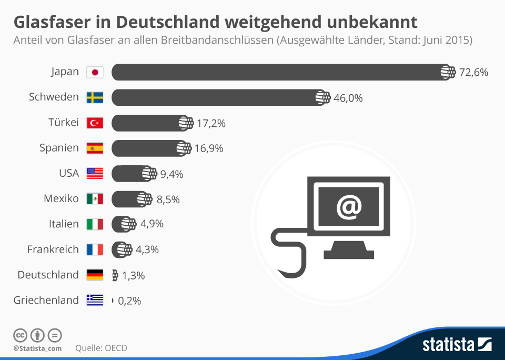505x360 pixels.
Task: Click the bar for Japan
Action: pyautogui.click(x=279, y=72)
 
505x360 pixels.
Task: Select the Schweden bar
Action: pyautogui.click(x=216, y=97)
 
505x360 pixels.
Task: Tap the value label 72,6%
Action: pyautogui.click(x=474, y=73)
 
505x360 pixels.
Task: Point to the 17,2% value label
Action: pyautogui.click(x=211, y=123)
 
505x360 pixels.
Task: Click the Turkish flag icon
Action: pyautogui.click(x=95, y=123)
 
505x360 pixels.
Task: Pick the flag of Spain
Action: pyautogui.click(x=95, y=148)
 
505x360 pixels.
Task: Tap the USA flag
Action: pyautogui.click(x=95, y=173)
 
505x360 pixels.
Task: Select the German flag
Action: pyautogui.click(x=95, y=275)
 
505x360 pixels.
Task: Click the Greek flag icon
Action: pyautogui.click(x=95, y=300)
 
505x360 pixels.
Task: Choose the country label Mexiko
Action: pyautogui.click(x=61, y=198)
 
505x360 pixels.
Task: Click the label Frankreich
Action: pyautogui.click(x=53, y=249)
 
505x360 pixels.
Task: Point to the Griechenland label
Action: pyautogui.click(x=46, y=300)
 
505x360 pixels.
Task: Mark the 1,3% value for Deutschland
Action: pyautogui.click(x=133, y=275)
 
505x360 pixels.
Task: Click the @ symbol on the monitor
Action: pyautogui.click(x=349, y=206)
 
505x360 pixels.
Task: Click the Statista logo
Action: pyautogui.click(x=457, y=345)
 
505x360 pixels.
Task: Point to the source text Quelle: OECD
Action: pyautogui.click(x=101, y=348)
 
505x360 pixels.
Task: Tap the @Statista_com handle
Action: pyautogui.click(x=37, y=348)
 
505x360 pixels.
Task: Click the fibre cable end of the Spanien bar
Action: pyautogui.click(x=184, y=148)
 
